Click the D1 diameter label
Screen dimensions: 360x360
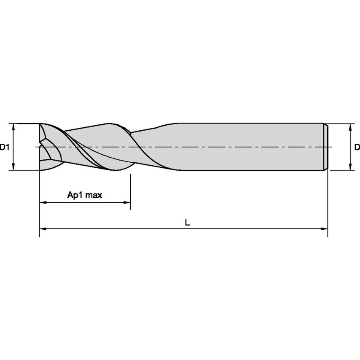pos(4,147)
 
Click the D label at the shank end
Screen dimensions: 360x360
pos(357,147)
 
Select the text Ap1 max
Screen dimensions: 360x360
pos(85,195)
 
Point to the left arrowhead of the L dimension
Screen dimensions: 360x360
pos(43,229)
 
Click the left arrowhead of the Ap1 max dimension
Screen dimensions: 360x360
pos(43,203)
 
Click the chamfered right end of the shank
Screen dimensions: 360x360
pos(325,147)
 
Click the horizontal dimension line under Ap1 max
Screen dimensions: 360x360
pos(84,203)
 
